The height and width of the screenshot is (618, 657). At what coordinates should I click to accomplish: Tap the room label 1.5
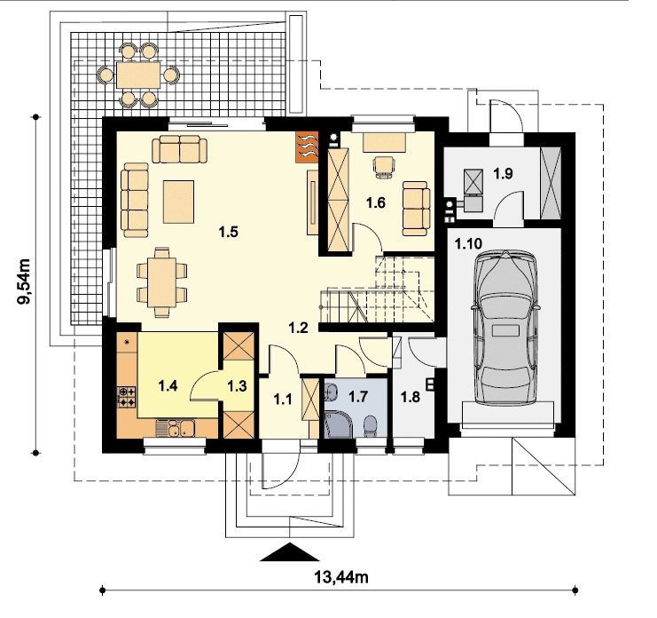coord(229,232)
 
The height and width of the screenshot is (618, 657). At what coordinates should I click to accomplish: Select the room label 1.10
coord(468,244)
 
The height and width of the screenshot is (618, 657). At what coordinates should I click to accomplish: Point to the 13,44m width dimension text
coord(341,577)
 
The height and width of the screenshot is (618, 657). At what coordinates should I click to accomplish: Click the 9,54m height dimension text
coord(23,282)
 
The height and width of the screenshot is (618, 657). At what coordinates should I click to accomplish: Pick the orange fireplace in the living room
coord(307,147)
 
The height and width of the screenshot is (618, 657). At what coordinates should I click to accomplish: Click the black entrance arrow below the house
coord(290,552)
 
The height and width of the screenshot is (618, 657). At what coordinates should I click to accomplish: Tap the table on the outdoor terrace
coord(138,75)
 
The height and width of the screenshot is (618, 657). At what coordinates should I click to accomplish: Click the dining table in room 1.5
coord(161,282)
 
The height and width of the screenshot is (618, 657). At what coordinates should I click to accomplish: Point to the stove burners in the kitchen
coord(127,397)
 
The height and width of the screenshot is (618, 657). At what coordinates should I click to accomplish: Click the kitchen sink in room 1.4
coord(175,428)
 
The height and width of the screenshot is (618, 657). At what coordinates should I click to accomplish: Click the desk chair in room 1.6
coord(384,167)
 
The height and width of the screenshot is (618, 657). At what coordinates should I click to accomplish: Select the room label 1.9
coord(503,173)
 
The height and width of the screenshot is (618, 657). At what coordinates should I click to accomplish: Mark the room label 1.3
coord(237,385)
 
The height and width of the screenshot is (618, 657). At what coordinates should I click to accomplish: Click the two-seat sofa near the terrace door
coord(179,149)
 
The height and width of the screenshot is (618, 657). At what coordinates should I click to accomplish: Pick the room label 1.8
coord(411,397)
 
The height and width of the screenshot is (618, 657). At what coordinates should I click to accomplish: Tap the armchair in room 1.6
coord(416,209)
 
